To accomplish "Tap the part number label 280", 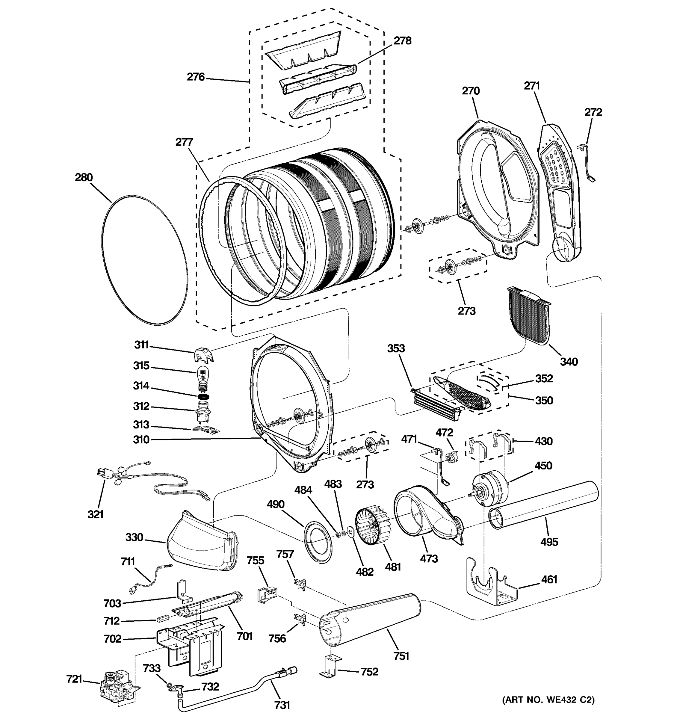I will [84, 178].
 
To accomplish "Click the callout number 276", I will [196, 77].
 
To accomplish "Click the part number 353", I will [396, 349].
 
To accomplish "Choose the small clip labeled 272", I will [588, 161].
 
